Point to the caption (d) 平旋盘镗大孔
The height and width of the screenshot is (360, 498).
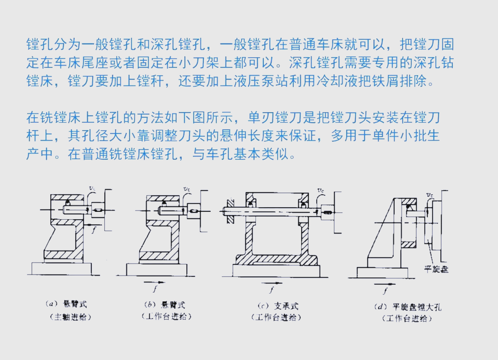407,306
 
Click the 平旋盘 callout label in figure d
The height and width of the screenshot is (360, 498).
436,269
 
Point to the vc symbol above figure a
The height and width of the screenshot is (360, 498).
91,188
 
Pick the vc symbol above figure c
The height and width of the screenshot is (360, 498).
320,190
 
